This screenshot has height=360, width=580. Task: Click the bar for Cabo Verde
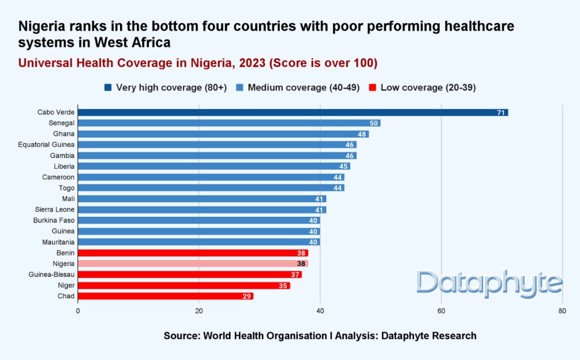[x=293, y=113]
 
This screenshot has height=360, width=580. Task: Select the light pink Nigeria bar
[x=193, y=264]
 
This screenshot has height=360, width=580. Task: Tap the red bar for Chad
[x=165, y=296]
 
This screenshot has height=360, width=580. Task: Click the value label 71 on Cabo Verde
[x=501, y=113]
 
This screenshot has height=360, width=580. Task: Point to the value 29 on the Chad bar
[x=246, y=296]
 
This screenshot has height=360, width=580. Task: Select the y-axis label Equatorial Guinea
[x=46, y=145]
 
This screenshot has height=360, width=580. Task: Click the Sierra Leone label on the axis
[x=55, y=209]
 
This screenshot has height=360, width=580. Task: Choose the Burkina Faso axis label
[x=54, y=220]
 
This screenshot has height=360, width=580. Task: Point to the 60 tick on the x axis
[x=441, y=311]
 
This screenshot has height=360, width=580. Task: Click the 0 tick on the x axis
[x=78, y=311]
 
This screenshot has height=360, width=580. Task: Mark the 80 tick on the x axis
[x=562, y=311]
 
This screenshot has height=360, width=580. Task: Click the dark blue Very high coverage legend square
[x=108, y=87]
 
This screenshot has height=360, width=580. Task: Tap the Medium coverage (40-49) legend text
[x=304, y=87]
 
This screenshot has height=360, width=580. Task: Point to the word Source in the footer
[x=181, y=336]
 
